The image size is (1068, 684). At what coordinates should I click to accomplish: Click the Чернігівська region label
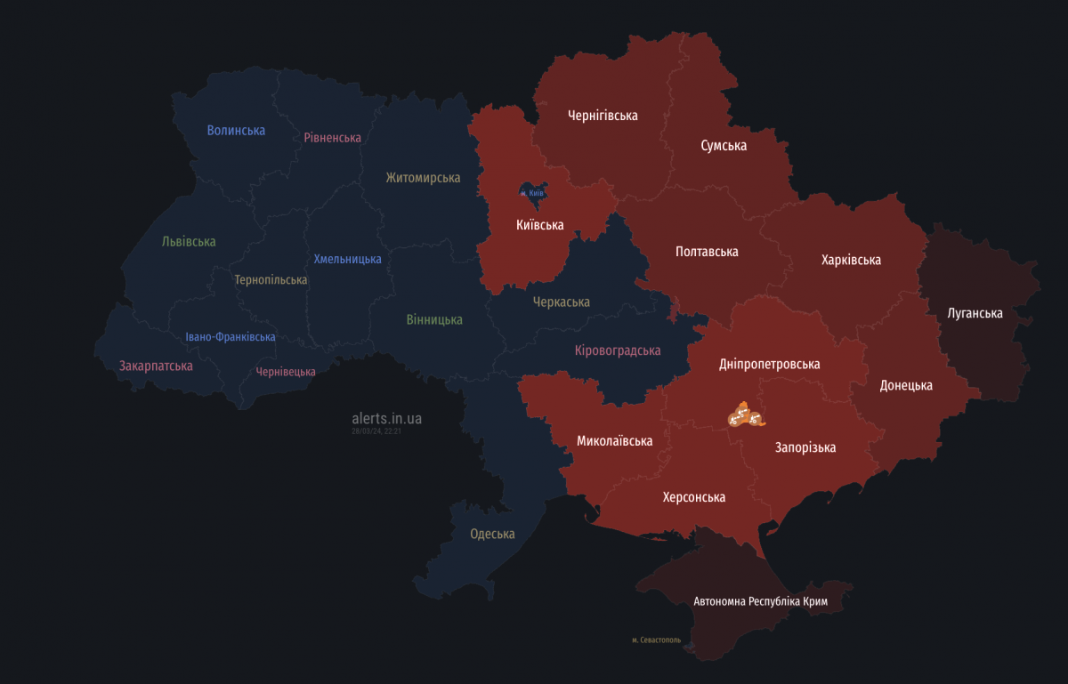[603, 116]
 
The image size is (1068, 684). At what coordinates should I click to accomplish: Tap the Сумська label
[723, 146]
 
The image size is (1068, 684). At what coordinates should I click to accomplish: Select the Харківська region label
[851, 261]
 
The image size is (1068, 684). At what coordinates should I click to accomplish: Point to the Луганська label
[975, 314]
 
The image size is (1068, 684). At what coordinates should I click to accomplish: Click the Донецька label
[906, 386]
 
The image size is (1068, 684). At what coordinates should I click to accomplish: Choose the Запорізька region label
[805, 447]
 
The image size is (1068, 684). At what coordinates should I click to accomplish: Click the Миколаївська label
[614, 441]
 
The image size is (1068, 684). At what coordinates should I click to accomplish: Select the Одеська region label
[492, 535]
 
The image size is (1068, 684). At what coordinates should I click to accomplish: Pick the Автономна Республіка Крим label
[761, 602]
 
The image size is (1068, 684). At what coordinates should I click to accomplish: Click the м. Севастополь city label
[656, 640]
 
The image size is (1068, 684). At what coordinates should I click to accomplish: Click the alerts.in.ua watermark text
[387, 418]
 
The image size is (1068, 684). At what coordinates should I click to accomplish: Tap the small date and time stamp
[376, 431]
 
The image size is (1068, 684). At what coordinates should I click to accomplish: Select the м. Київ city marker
[532, 192]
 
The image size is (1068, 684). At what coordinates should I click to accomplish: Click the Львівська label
[189, 242]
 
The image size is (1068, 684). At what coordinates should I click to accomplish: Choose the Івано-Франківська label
[231, 337]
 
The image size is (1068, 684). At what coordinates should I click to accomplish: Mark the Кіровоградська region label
[617, 350]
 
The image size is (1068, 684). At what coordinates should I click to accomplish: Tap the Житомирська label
[423, 178]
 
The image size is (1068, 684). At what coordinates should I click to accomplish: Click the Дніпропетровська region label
[769, 365]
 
